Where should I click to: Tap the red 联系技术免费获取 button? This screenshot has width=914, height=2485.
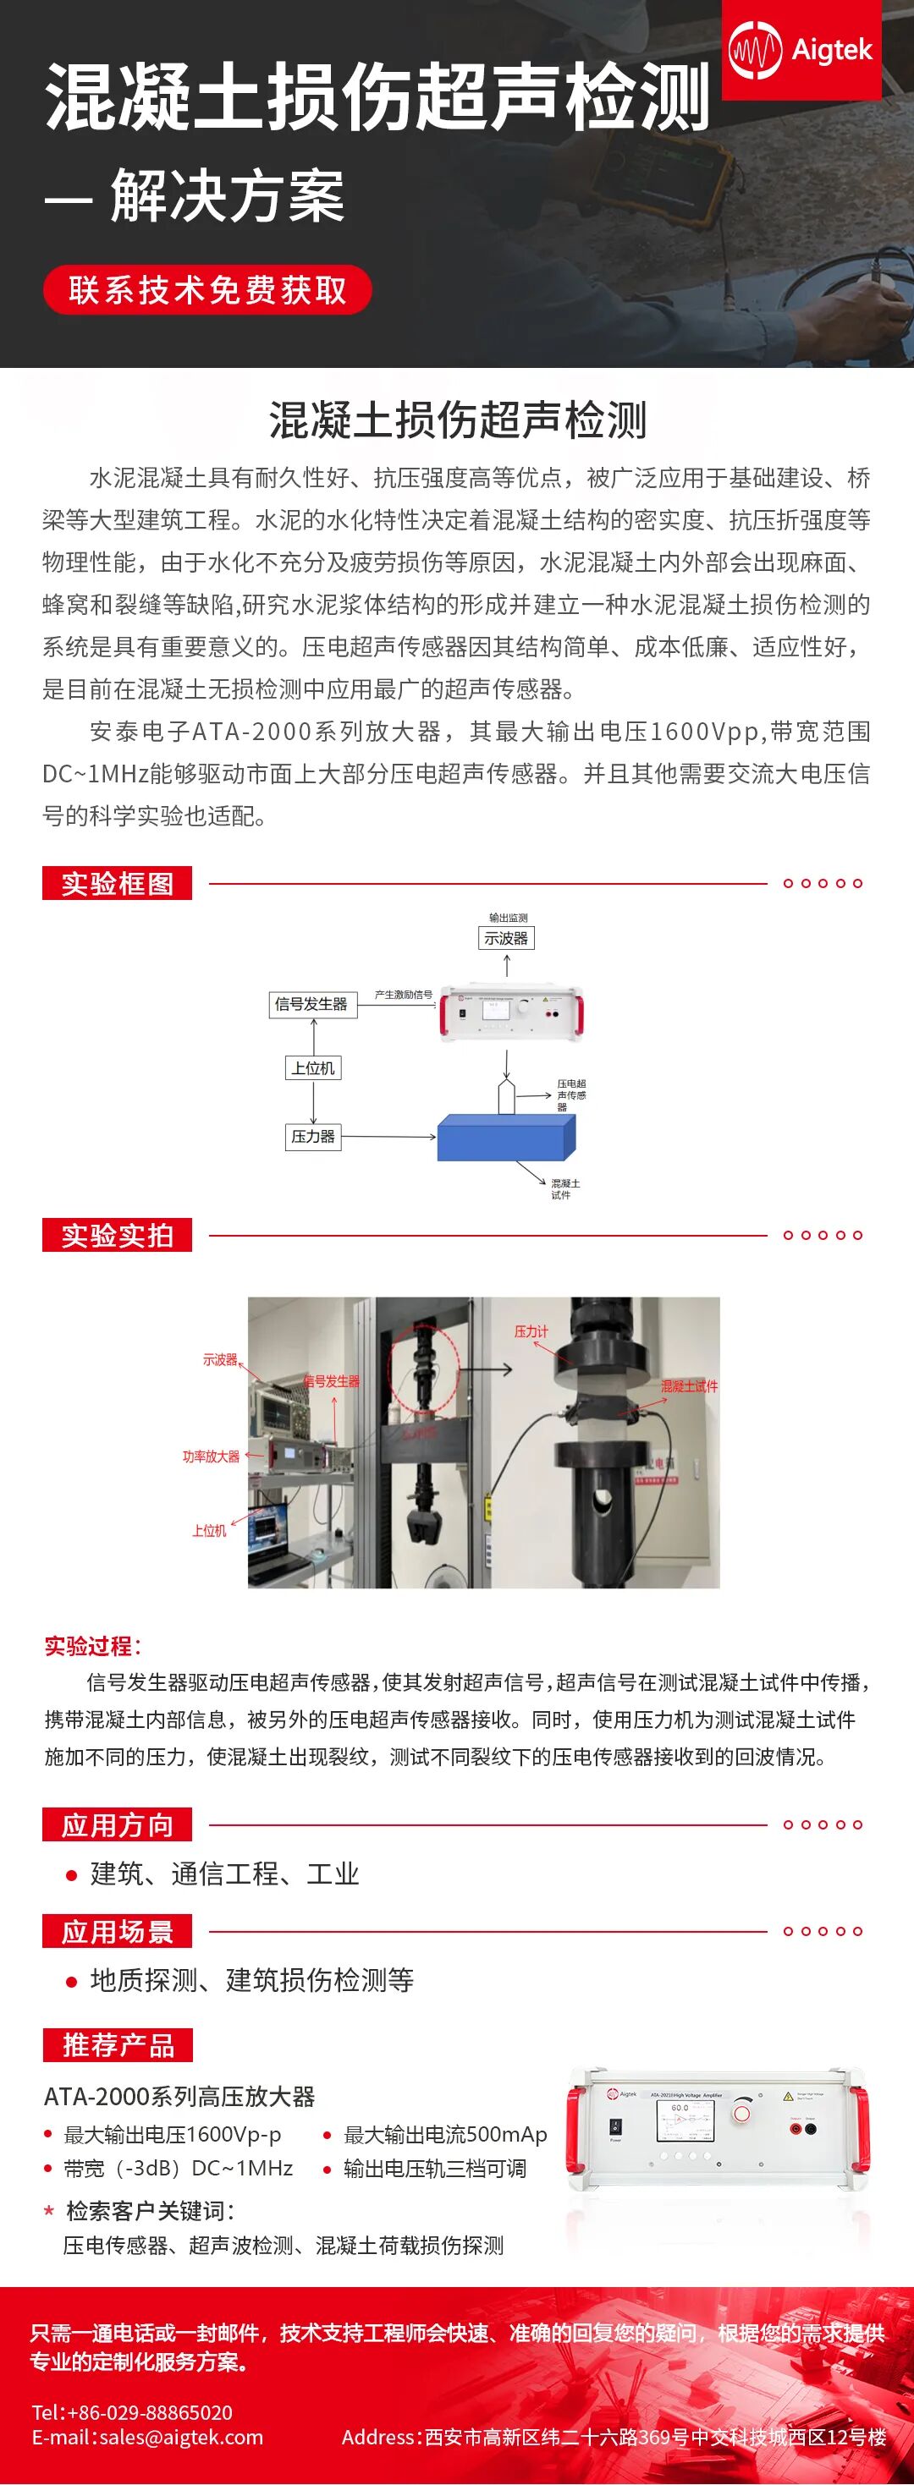point(207,289)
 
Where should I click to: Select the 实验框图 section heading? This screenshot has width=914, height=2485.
point(117,883)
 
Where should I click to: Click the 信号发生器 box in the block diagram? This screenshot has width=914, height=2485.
point(311,1004)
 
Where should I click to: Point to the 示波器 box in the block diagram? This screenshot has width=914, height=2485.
point(506,938)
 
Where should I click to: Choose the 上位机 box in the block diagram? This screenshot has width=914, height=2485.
point(314,1068)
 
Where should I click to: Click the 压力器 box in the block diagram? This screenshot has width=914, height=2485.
point(313,1137)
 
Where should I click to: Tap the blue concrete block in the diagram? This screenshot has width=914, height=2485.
point(506,1138)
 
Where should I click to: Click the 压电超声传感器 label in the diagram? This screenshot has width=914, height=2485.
point(570,1094)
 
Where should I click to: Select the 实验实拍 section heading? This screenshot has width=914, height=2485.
point(117,1235)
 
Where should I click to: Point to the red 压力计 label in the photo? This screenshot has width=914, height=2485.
point(531,1331)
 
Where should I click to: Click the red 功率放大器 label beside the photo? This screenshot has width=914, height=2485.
point(211,1456)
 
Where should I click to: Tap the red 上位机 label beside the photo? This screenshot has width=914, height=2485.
point(208,1530)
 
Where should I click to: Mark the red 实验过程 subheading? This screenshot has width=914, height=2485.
point(92,1646)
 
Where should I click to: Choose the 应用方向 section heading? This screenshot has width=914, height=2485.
point(117,1824)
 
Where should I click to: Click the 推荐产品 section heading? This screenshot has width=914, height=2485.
point(118,2044)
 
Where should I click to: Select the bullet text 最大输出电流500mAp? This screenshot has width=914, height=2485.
point(445,2134)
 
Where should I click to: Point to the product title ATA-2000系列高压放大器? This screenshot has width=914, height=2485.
point(179,2095)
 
